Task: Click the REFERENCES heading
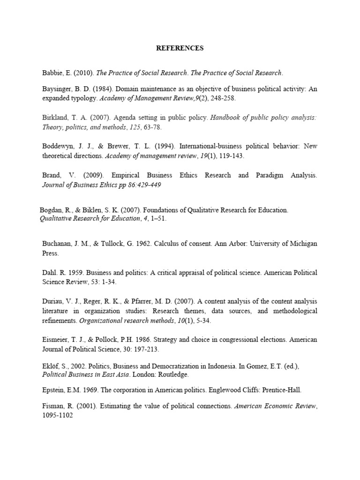click(x=180, y=48)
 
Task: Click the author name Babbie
click(x=52, y=73)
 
